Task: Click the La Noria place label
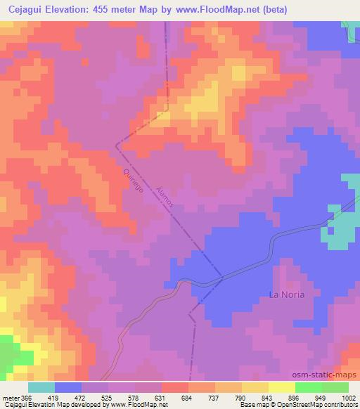tap(287, 294)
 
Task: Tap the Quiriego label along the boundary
tap(133, 185)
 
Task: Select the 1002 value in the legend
tap(349, 398)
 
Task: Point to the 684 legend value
tap(188, 398)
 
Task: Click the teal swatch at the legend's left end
tap(41, 387)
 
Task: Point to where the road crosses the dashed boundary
tap(221, 277)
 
